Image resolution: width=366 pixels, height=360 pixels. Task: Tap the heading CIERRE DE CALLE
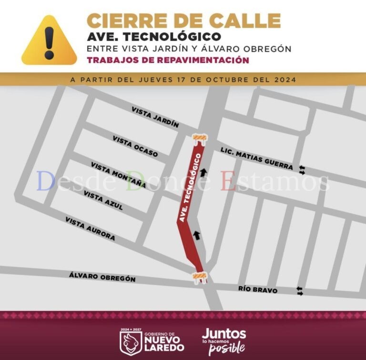[x=183, y=20]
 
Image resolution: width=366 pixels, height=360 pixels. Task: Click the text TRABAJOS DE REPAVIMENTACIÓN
[x=167, y=60]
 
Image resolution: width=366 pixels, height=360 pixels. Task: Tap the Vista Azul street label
[x=103, y=200]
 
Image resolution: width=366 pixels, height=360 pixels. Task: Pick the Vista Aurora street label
[x=90, y=229]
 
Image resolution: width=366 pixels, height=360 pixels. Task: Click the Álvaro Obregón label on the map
[x=102, y=276]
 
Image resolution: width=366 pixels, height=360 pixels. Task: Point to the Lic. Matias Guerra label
[x=256, y=159]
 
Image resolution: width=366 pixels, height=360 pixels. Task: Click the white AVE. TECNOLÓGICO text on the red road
[x=189, y=188]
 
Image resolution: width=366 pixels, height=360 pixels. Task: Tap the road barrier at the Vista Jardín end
[x=199, y=138]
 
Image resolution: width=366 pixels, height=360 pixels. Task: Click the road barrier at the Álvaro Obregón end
[x=200, y=277]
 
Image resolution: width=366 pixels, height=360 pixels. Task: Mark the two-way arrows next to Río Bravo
[x=300, y=290]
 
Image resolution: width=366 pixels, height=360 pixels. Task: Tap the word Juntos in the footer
[x=224, y=333]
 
